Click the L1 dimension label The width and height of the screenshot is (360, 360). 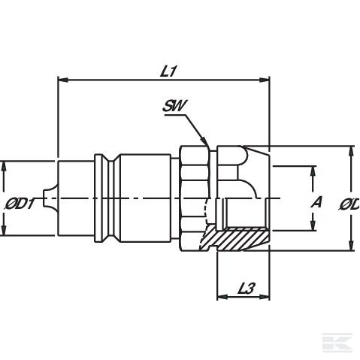point(168,70)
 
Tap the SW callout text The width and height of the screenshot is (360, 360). point(174,107)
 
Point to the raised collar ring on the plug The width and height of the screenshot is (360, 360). point(100,197)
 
